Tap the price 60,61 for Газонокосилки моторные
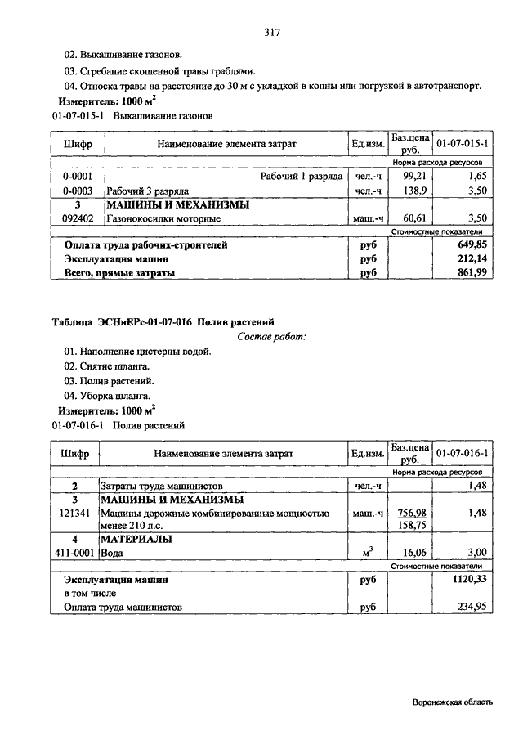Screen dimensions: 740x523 pos(415,218)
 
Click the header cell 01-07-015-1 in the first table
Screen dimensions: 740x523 pos(462,144)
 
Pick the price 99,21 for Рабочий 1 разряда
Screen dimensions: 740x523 pos(415,176)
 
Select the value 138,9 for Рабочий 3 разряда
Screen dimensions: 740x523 pos(415,191)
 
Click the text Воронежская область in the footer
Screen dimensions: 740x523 pos(453,702)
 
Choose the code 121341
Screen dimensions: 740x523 pos(75,513)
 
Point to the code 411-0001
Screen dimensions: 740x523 pos(75,553)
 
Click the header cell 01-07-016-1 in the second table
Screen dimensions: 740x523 pos(462,452)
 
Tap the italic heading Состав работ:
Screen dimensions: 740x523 pos(271,337)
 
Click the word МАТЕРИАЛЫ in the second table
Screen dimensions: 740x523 pos(136,539)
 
